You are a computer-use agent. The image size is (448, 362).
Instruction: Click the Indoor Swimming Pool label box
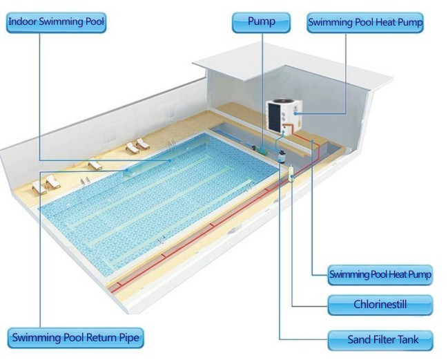[x=57, y=22]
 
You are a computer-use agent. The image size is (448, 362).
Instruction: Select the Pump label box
[x=261, y=22]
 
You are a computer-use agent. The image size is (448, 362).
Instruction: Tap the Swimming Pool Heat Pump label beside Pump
[x=365, y=23]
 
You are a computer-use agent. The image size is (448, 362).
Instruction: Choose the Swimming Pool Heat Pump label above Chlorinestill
[x=380, y=275]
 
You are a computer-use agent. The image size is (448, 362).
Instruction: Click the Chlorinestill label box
[x=380, y=305]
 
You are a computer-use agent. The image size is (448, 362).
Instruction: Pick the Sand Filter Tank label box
[x=380, y=340]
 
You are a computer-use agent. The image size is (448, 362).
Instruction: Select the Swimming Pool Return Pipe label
[x=75, y=338]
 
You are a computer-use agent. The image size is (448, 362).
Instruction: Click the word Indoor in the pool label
[x=23, y=21]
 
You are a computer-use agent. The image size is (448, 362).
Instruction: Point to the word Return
[x=101, y=337]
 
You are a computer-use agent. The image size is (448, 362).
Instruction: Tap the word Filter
[x=382, y=340]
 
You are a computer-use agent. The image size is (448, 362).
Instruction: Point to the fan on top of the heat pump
[x=282, y=102]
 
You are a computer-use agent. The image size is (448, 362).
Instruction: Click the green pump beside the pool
[x=260, y=149]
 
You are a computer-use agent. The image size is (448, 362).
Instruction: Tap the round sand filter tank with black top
[x=282, y=156]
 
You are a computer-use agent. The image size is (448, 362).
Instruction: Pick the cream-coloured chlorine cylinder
[x=291, y=173]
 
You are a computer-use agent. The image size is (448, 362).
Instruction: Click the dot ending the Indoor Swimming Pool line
[x=170, y=161]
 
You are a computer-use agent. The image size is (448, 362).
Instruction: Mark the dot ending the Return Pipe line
[x=128, y=171]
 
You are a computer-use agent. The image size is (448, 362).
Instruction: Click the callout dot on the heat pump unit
[x=295, y=113]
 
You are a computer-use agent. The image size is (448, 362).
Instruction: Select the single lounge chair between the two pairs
[x=95, y=165]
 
